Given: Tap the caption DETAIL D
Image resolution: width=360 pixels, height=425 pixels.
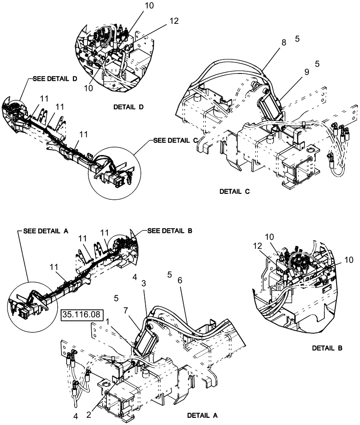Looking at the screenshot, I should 129,107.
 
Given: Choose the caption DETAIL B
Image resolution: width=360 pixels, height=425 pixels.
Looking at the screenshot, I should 327,348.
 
